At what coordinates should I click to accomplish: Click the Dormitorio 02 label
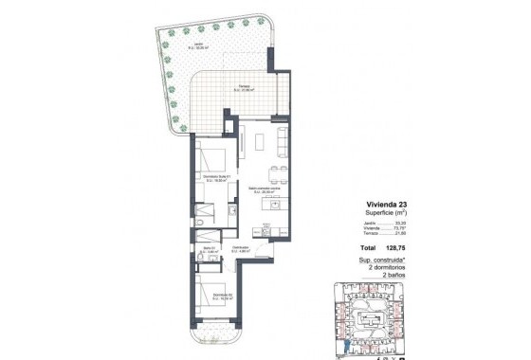(213, 296)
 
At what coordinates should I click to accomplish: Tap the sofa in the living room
(282, 140)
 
